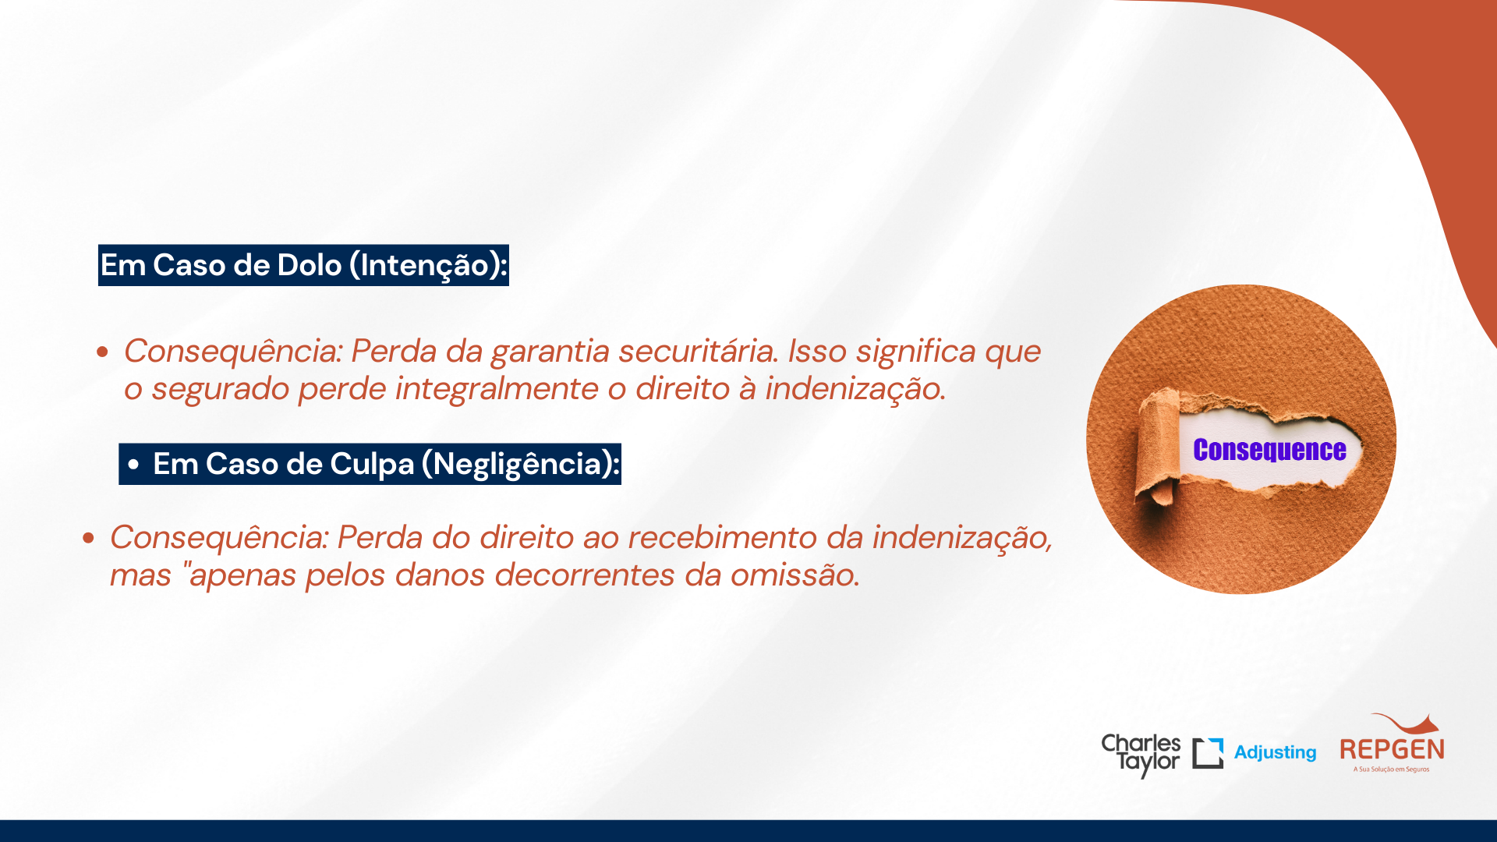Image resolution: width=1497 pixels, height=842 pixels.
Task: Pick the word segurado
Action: point(221,389)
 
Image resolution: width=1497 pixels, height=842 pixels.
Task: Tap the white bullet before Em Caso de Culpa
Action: point(133,465)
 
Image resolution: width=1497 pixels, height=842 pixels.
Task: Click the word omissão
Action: point(795,575)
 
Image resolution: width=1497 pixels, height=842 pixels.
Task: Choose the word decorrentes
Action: point(586,575)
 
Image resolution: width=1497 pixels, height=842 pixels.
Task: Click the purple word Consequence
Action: point(1269,450)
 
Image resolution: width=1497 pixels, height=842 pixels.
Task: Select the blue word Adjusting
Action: point(1275,752)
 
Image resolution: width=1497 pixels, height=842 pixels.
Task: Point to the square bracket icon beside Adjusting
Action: point(1208,753)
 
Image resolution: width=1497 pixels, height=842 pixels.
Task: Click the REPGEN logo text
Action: point(1392,749)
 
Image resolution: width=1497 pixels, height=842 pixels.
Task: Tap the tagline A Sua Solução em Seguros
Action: point(1392,769)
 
